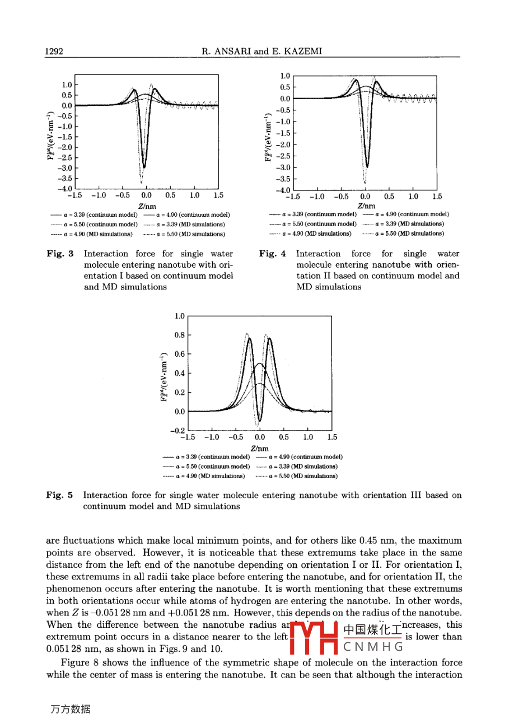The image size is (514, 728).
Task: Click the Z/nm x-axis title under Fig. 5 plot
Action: click(259, 448)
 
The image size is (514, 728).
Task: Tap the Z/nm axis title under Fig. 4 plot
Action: click(365, 206)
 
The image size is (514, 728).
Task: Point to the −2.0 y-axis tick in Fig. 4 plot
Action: click(284, 144)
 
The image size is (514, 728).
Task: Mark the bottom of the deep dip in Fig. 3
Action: click(144, 166)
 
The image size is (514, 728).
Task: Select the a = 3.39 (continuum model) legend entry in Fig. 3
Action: click(93, 214)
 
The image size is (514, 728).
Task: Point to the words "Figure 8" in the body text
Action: click(76, 662)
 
